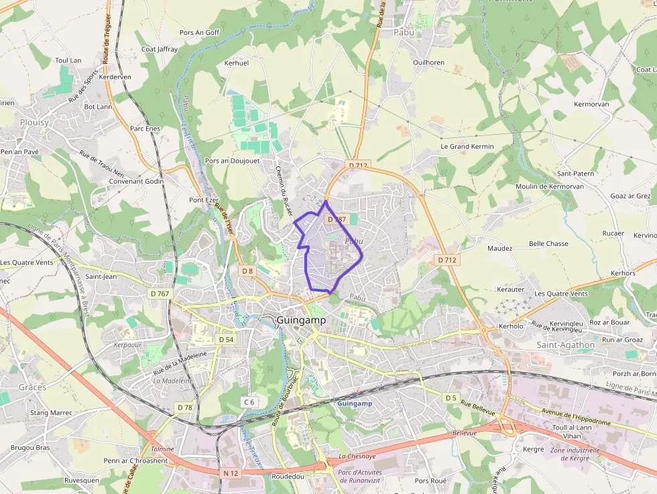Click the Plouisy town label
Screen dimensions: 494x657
pos(34,122)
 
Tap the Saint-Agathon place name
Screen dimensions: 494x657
pos(565,345)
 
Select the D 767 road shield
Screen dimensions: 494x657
pos(160,294)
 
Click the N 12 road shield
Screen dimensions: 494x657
pos(231,473)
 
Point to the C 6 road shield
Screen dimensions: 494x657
pos(249,402)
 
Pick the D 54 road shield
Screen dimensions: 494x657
pos(226,339)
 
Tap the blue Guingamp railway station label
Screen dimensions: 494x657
pos(355,404)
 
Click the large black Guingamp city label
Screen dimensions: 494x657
pos(301,320)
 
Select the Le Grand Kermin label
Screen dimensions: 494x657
pos(467,146)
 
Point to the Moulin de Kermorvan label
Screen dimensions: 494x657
pos(550,186)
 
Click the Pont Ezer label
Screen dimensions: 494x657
pos(204,200)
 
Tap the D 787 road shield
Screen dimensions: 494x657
pos(335,219)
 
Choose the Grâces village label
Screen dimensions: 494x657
pos(32,387)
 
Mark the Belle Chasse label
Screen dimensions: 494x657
pos(548,243)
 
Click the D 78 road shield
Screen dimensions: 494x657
pos(184,407)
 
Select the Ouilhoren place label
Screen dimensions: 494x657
pos(429,62)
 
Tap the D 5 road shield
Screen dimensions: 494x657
pos(451,397)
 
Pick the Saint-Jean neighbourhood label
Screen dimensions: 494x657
pos(101,275)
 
